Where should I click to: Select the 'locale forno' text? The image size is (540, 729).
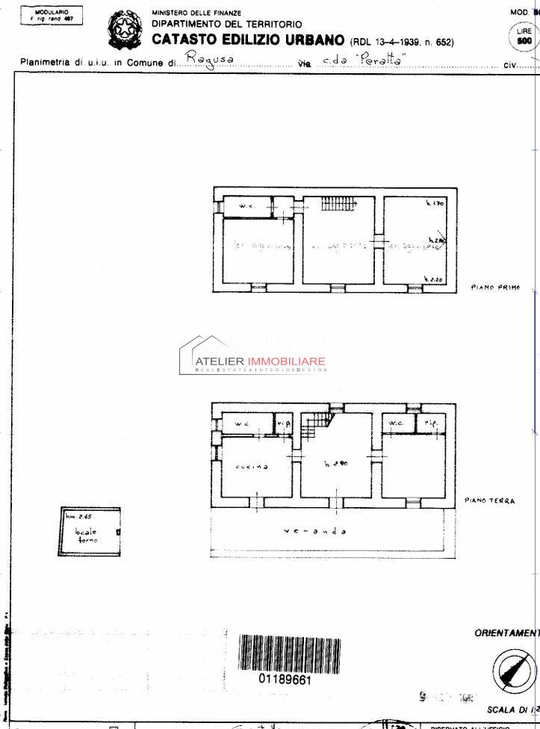coord(86,535)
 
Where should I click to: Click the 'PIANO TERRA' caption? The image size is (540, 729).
coord(489,500)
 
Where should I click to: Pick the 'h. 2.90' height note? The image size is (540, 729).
coord(337,463)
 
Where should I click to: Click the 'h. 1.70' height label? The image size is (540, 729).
coord(434,203)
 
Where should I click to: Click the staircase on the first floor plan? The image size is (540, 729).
coord(338,202)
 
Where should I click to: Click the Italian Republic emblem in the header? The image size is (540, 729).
coord(124,29)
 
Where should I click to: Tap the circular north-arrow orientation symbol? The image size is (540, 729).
coord(514,668)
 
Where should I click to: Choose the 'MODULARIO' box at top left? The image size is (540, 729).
coord(52,16)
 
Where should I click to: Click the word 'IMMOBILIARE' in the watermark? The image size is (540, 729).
coord(286,362)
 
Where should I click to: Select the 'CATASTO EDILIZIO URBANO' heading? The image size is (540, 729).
coord(248,40)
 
